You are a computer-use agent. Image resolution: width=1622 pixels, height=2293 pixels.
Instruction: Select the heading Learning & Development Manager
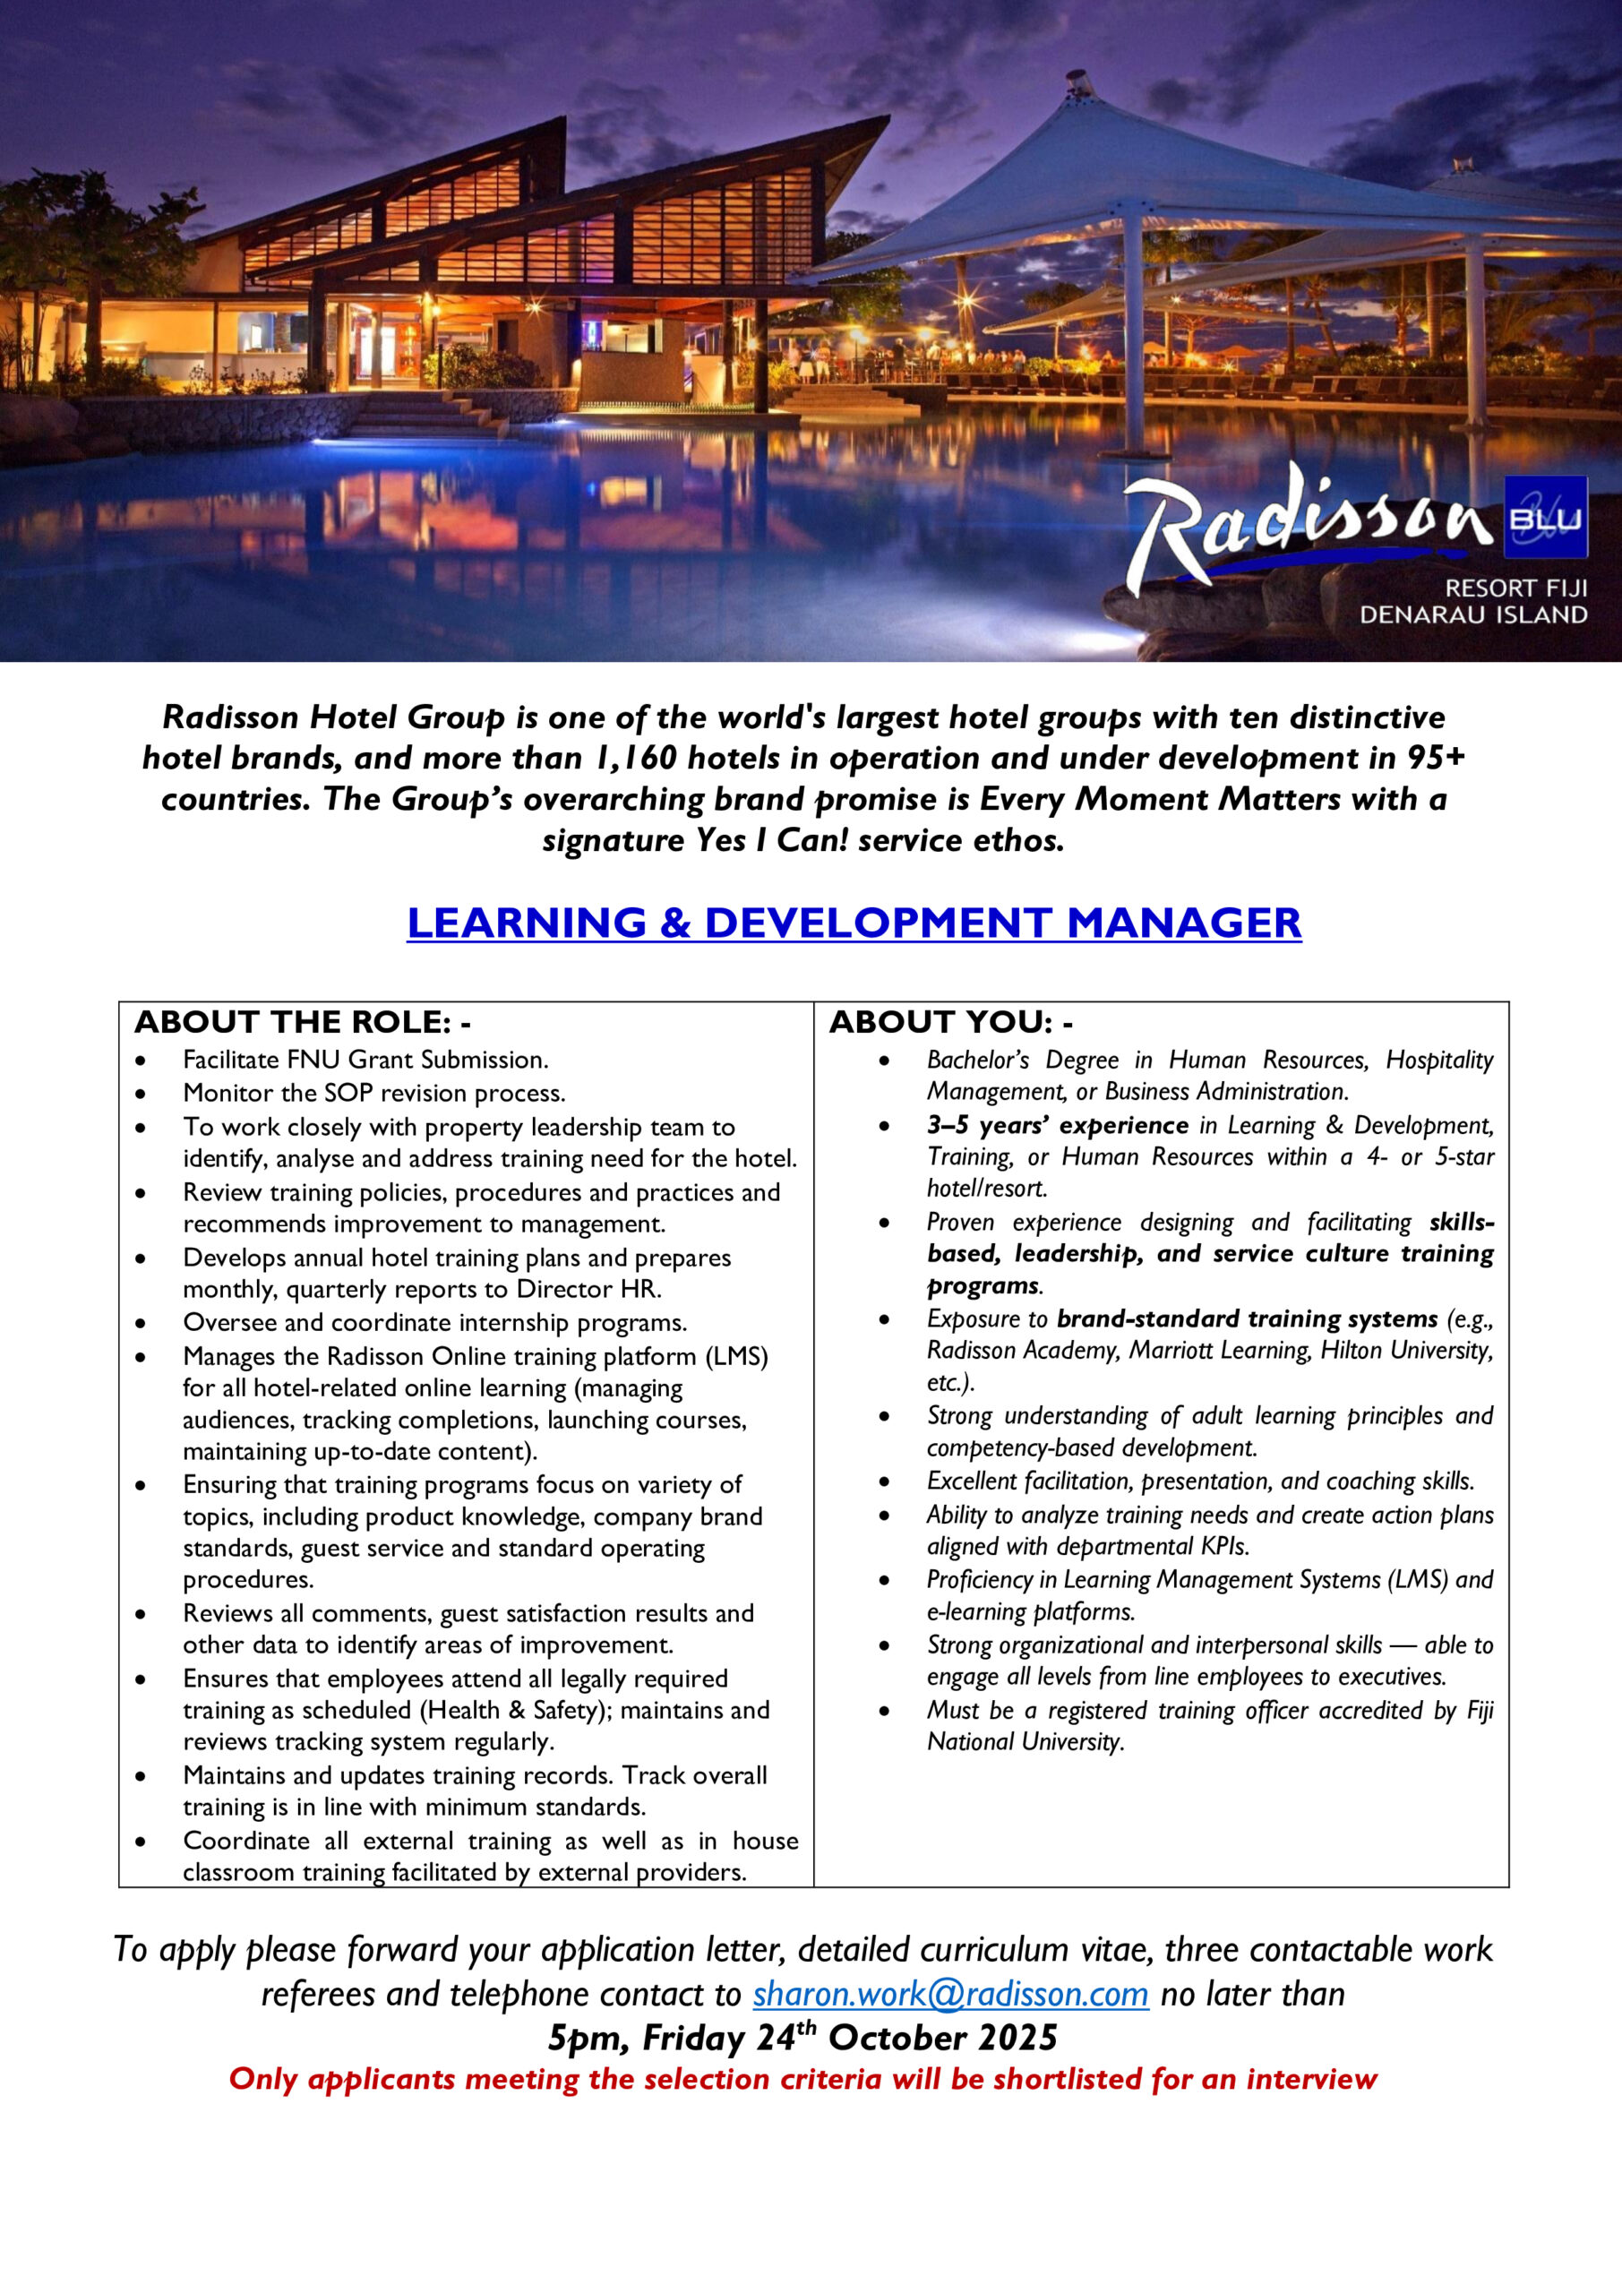click(x=854, y=923)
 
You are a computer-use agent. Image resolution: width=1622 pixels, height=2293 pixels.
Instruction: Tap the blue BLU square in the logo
click(x=1544, y=518)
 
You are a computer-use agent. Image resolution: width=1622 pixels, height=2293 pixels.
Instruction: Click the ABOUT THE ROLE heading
click(x=303, y=1022)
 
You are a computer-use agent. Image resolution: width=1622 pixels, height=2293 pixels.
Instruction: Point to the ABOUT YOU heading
click(x=951, y=1022)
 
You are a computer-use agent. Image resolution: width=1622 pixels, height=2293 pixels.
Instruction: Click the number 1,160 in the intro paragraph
click(x=636, y=758)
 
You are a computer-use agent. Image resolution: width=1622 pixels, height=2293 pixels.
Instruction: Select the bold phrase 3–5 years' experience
click(x=1058, y=1126)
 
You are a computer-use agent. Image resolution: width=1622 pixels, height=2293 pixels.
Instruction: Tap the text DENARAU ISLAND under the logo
click(x=1473, y=614)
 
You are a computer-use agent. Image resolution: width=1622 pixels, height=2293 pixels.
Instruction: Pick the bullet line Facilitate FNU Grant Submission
click(x=365, y=1060)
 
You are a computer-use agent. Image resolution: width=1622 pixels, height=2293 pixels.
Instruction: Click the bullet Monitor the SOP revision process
click(x=373, y=1093)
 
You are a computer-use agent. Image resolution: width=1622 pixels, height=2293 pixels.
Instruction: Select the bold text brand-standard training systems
click(x=1247, y=1318)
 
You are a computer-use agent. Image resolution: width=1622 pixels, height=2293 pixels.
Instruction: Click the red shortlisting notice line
click(x=803, y=2079)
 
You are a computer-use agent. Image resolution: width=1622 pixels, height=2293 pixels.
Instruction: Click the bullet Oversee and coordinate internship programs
click(x=434, y=1322)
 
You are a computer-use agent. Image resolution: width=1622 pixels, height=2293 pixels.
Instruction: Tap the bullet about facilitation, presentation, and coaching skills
click(x=1199, y=1481)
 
